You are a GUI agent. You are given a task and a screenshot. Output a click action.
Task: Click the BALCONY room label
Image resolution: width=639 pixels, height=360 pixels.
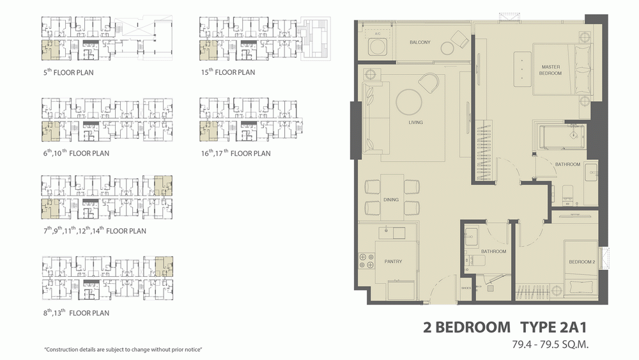[420, 42]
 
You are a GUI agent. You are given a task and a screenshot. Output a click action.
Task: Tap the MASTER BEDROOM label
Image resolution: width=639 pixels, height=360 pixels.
[551, 70]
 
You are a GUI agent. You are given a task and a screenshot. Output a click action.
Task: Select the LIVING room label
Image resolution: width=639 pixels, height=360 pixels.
[416, 122]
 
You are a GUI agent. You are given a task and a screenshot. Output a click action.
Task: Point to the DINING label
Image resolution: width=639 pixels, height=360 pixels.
[391, 200]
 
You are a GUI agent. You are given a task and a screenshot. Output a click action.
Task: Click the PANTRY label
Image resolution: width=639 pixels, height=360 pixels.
[393, 262]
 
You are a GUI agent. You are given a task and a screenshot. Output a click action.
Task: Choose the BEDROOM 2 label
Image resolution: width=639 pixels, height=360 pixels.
[582, 262]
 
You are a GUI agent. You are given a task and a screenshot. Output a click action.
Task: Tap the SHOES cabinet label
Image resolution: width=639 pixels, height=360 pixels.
[466, 288]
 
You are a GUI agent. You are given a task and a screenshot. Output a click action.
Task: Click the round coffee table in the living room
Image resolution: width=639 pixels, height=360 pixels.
[409, 102]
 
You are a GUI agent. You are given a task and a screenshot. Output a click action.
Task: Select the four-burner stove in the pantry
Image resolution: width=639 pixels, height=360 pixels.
[366, 261]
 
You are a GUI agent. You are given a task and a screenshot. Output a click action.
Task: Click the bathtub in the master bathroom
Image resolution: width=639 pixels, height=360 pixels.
[562, 137]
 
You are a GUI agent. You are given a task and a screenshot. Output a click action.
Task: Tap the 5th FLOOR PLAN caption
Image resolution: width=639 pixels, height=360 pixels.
[68, 72]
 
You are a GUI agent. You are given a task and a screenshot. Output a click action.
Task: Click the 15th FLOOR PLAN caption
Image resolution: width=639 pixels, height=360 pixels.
[228, 72]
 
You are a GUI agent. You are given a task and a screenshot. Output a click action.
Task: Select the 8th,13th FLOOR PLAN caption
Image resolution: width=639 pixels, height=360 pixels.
[76, 313]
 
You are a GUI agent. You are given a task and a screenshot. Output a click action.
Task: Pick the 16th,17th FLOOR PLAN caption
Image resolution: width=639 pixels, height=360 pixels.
[236, 153]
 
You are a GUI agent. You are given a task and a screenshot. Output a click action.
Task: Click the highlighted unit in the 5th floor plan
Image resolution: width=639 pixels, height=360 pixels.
[50, 50]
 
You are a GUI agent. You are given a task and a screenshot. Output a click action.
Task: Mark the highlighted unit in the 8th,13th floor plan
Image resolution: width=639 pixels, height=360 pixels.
[164, 267]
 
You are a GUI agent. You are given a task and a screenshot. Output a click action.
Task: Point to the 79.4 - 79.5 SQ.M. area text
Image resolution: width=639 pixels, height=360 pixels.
[551, 345]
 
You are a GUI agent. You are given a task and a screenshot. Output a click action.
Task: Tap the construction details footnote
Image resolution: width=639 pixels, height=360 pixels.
[123, 349]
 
